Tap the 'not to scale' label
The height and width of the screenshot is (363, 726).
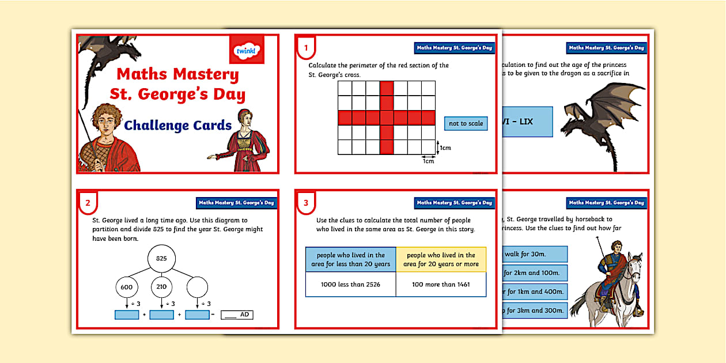click(x=466, y=123)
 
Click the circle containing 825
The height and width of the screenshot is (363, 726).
click(x=161, y=259)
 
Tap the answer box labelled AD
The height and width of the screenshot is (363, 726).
click(x=237, y=315)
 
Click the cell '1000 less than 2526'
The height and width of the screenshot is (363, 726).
click(x=350, y=284)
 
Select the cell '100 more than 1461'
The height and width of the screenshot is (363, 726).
click(x=441, y=284)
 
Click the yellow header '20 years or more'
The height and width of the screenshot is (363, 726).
click(x=441, y=259)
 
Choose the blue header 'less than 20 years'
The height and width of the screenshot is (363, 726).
click(x=350, y=259)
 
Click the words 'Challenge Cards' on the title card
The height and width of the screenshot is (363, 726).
click(x=178, y=125)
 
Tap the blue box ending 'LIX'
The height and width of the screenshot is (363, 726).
click(x=527, y=122)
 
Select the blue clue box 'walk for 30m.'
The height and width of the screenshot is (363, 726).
click(x=535, y=254)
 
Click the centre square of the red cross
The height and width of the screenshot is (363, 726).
click(x=386, y=118)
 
